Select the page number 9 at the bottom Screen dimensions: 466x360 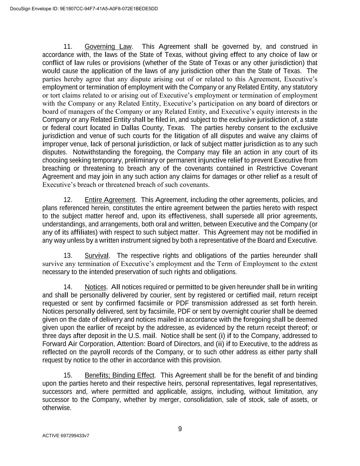[x=180, y=429]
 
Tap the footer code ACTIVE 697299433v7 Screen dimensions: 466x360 [x=66, y=436]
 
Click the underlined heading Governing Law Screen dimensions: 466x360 [x=108, y=46]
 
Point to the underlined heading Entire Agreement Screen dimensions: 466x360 [x=110, y=200]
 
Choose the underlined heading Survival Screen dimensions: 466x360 [x=97, y=256]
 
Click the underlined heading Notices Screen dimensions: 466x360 [x=96, y=287]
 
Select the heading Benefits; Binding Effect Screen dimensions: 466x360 [x=119, y=376]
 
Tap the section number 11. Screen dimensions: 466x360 [x=68, y=46]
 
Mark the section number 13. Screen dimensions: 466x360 [x=68, y=256]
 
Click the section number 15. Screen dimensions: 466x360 [x=68, y=376]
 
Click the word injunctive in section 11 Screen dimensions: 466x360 [x=222, y=160]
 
